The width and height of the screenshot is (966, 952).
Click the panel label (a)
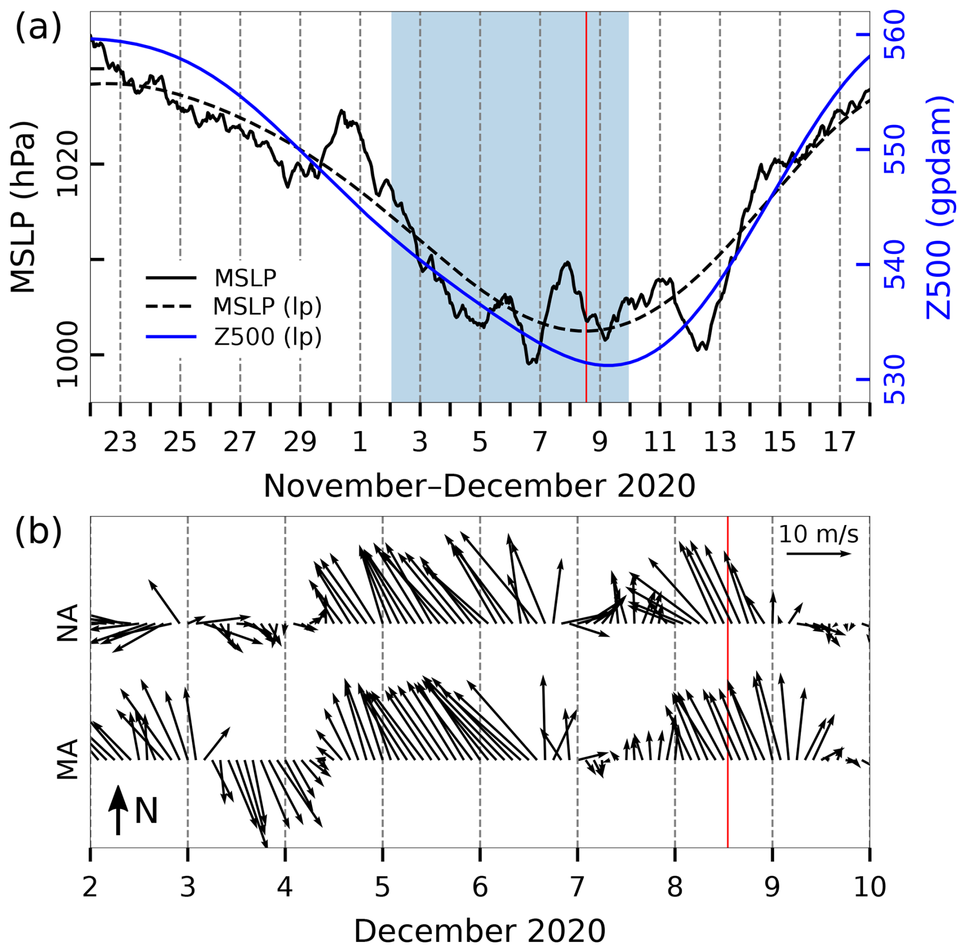(x=38, y=27)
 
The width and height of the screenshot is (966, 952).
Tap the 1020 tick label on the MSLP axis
(x=67, y=164)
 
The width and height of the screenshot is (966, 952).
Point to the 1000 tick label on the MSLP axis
(x=67, y=354)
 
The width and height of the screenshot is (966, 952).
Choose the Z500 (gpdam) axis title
(x=938, y=207)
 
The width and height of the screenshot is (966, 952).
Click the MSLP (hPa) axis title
(x=23, y=207)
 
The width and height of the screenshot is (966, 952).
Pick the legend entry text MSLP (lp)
(x=267, y=306)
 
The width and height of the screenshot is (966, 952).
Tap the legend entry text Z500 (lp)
(x=268, y=337)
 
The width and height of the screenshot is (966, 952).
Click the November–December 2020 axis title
(x=479, y=486)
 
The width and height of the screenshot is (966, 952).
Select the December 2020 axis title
(x=479, y=931)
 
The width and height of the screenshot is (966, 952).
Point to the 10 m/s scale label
(x=818, y=534)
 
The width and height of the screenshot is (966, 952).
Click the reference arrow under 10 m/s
(x=818, y=554)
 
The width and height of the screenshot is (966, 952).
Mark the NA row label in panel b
(x=67, y=623)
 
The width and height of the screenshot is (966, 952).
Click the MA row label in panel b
(x=67, y=759)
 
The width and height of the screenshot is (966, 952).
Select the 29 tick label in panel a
(x=300, y=442)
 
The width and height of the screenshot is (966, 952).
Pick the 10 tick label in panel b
(x=870, y=887)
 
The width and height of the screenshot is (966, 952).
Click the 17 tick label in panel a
(x=839, y=442)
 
